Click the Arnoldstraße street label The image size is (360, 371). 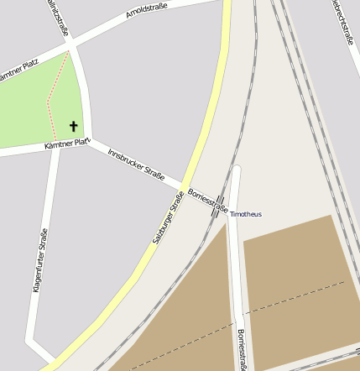147,10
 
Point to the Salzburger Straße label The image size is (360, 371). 168,218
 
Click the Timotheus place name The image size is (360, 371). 246,214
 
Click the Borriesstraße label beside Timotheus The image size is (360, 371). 207,200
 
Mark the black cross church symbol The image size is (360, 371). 73,127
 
